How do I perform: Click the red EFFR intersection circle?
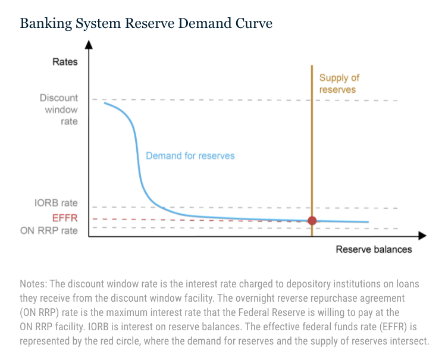point(312,221)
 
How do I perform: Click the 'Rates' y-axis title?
point(65,62)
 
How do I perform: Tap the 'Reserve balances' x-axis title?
point(374,249)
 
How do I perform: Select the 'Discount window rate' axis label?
point(59,109)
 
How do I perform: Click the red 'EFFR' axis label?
point(65,218)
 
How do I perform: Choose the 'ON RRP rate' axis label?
point(49,231)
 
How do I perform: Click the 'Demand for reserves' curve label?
point(190,156)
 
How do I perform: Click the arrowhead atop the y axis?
point(89,44)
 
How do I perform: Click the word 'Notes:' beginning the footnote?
point(33,283)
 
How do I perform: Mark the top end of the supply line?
point(312,65)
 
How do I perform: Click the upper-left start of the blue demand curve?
point(105,103)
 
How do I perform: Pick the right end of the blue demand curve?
point(368,223)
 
